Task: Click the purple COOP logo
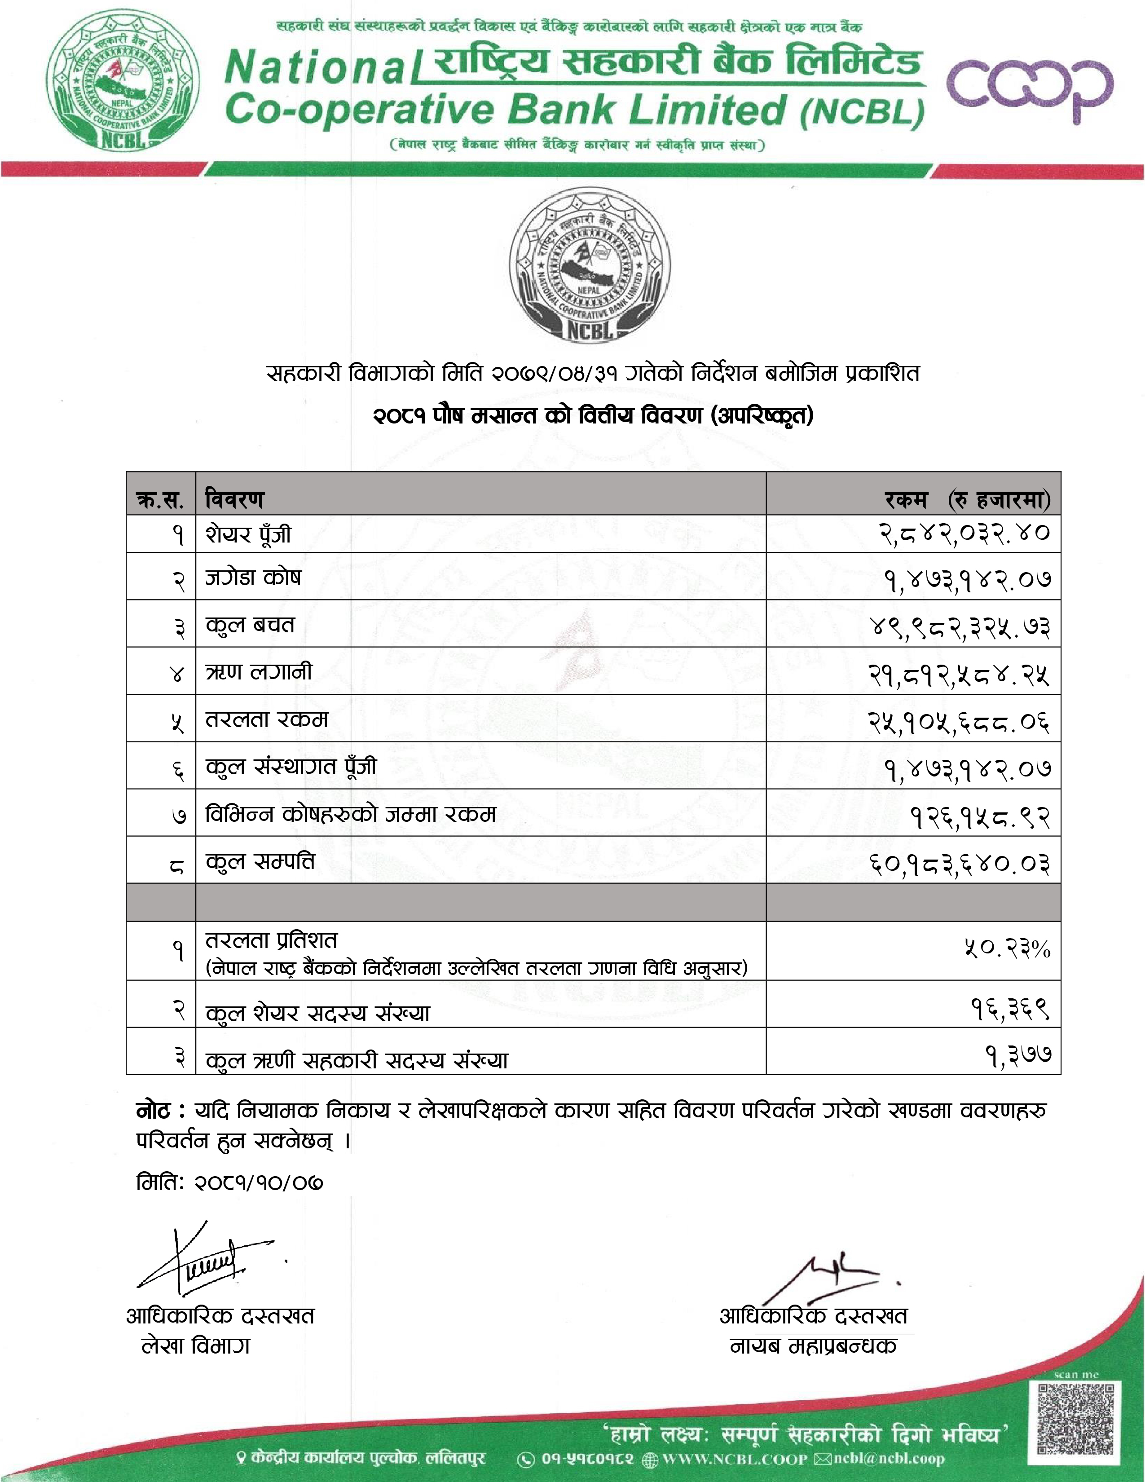(1029, 86)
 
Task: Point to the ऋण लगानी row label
(259, 672)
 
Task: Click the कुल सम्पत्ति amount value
(960, 864)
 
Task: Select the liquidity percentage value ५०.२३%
(1007, 948)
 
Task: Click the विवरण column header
(235, 499)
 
